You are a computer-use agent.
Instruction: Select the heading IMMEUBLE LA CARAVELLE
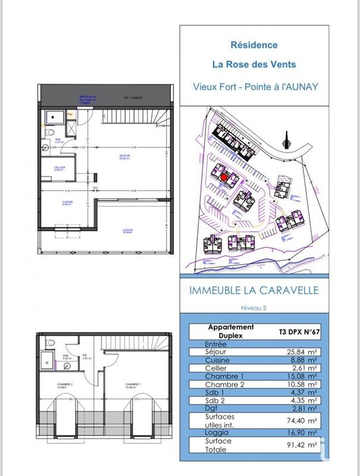click(x=253, y=291)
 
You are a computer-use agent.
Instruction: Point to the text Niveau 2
click(x=253, y=308)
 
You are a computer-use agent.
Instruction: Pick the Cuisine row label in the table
click(x=218, y=361)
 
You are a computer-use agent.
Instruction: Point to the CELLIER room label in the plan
click(x=60, y=168)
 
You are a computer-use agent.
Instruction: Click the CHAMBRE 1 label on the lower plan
click(x=133, y=385)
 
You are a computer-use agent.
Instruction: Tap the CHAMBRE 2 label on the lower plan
click(x=64, y=384)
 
